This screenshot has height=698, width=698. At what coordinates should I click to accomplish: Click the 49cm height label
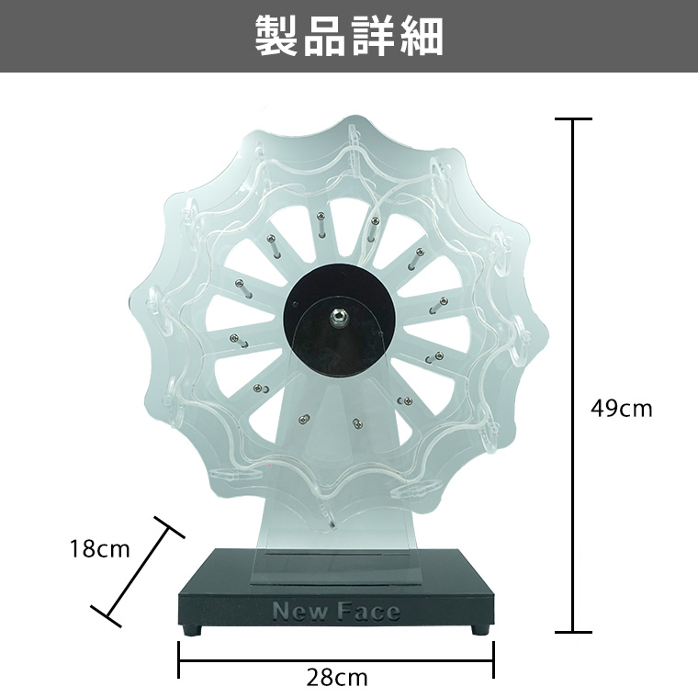(622, 408)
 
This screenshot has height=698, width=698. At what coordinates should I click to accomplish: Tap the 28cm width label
(337, 678)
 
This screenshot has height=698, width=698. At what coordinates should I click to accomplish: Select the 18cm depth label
(100, 549)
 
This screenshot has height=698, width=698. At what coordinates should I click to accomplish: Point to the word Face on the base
(367, 611)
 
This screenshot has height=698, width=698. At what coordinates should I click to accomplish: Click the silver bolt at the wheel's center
(339, 317)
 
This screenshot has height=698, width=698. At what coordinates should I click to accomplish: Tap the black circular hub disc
(339, 319)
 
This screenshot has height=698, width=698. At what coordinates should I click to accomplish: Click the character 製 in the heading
(276, 37)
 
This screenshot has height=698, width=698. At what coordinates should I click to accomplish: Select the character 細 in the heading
(422, 37)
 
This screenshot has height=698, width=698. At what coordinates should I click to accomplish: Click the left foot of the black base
(192, 630)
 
